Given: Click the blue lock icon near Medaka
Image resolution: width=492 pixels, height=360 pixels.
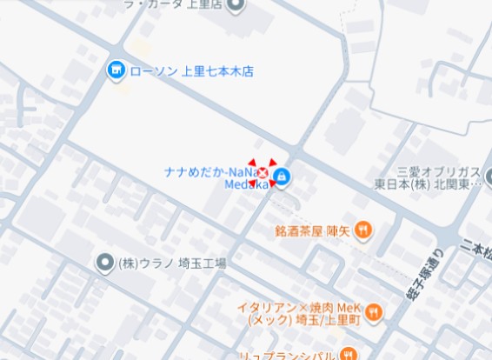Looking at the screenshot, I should click(x=282, y=178).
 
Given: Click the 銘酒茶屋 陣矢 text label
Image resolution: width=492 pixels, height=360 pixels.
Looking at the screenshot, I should click(x=311, y=231).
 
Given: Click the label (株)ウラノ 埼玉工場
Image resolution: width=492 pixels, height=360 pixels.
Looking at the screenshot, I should click(x=172, y=263).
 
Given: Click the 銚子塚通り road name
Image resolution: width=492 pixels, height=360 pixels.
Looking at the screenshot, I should click(x=421, y=277).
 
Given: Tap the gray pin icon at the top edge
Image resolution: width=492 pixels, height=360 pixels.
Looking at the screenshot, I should click(x=236, y=3).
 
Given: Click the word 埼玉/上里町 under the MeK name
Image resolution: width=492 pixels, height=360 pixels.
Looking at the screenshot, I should click(x=326, y=321).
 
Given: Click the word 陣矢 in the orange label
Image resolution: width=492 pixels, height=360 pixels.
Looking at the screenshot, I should click(x=337, y=231).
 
